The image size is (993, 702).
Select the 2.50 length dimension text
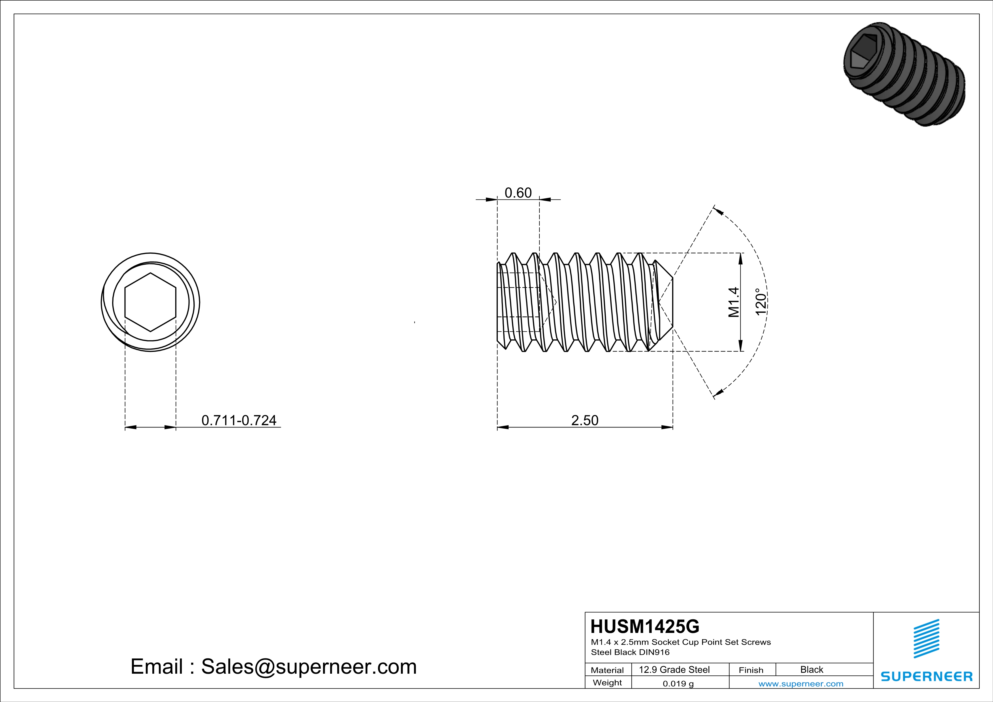tap(585, 420)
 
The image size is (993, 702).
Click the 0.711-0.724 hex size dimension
tap(239, 420)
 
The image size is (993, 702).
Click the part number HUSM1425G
tap(645, 626)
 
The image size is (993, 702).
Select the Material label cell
tap(607, 670)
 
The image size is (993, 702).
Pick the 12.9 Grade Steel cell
tap(674, 669)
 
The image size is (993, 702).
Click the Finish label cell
tap(751, 670)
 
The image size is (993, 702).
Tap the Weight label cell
tap(607, 682)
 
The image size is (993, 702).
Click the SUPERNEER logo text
tap(926, 677)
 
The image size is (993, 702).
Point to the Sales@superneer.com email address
tap(308, 667)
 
